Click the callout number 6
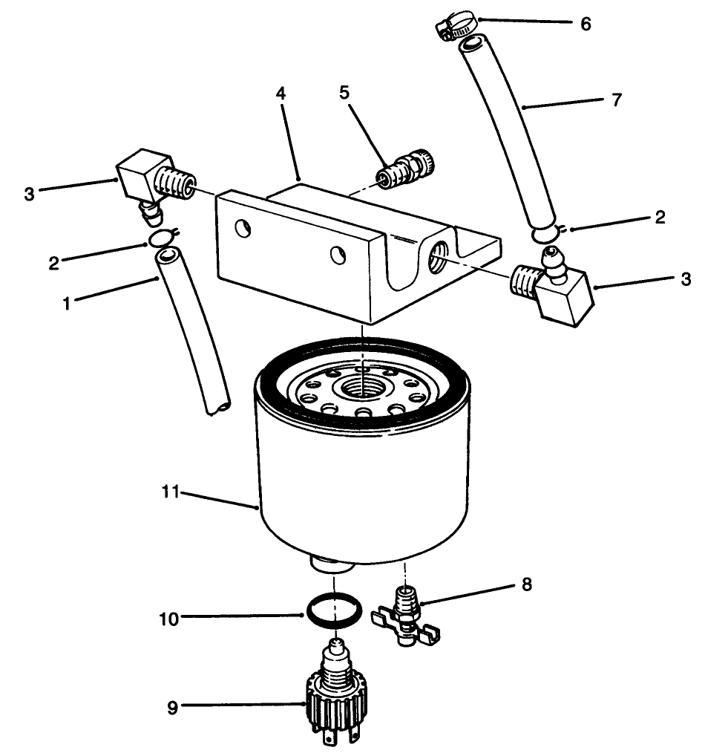586,24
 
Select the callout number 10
170,618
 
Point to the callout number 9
172,708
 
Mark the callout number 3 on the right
686,279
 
